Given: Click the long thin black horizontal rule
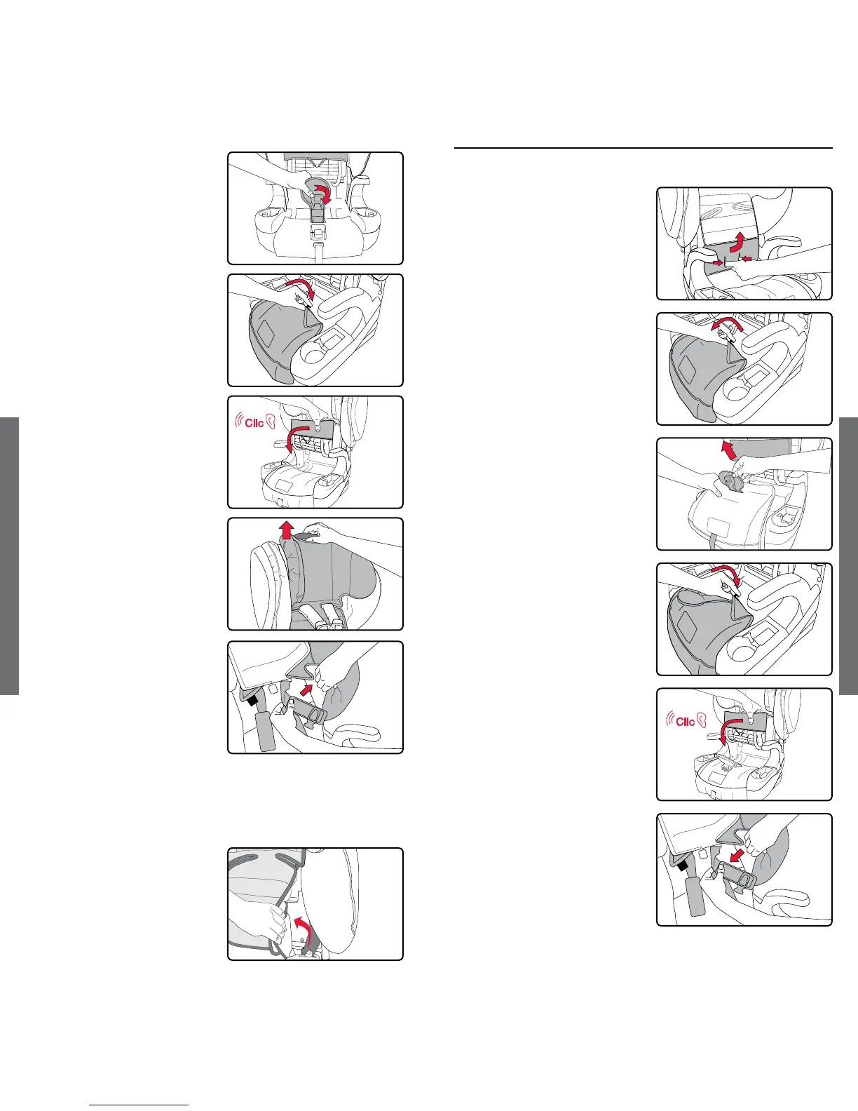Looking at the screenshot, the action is (643, 148).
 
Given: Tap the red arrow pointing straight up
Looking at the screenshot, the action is (287, 531).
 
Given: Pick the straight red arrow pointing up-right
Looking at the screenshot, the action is (306, 689).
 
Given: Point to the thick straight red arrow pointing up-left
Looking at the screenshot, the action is (728, 450).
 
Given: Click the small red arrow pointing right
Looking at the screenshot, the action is (718, 263).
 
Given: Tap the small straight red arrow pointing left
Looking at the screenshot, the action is (747, 260).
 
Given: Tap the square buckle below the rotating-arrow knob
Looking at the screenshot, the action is (318, 233).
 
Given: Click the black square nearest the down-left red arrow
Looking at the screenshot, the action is (681, 866).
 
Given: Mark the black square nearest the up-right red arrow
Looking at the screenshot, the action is (252, 701).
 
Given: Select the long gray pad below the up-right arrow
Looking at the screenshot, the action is (266, 729).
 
